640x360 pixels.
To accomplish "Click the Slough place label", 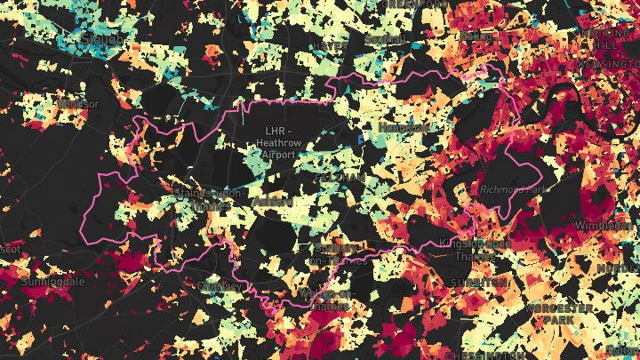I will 102,40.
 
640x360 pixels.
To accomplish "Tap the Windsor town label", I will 78,104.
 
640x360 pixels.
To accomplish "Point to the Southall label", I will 384,40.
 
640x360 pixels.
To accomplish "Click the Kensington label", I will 609,65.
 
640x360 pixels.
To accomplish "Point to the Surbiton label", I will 481,282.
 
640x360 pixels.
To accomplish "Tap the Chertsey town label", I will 220,285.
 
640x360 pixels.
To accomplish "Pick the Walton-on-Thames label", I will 327,300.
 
